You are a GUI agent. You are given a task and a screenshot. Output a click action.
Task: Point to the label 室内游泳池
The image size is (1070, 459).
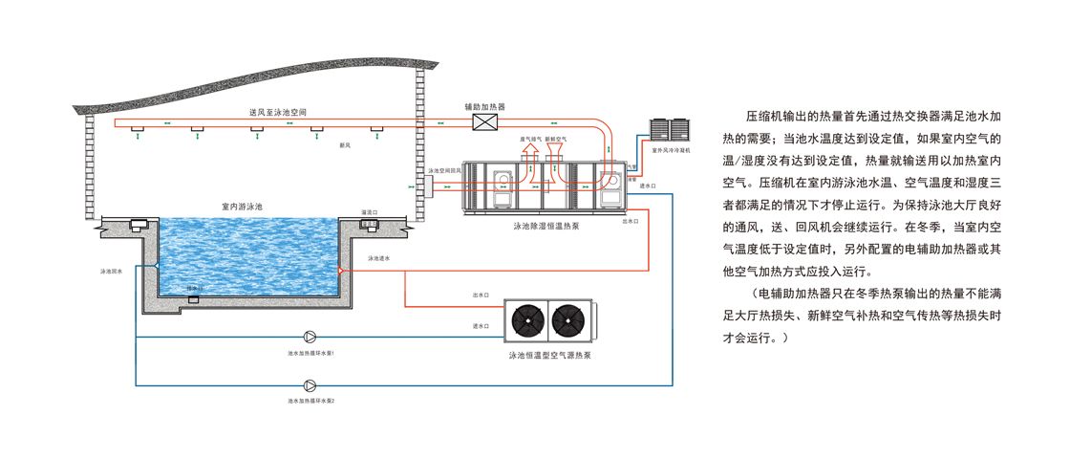(241, 206)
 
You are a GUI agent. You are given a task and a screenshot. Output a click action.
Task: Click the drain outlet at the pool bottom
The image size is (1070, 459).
(194, 300)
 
